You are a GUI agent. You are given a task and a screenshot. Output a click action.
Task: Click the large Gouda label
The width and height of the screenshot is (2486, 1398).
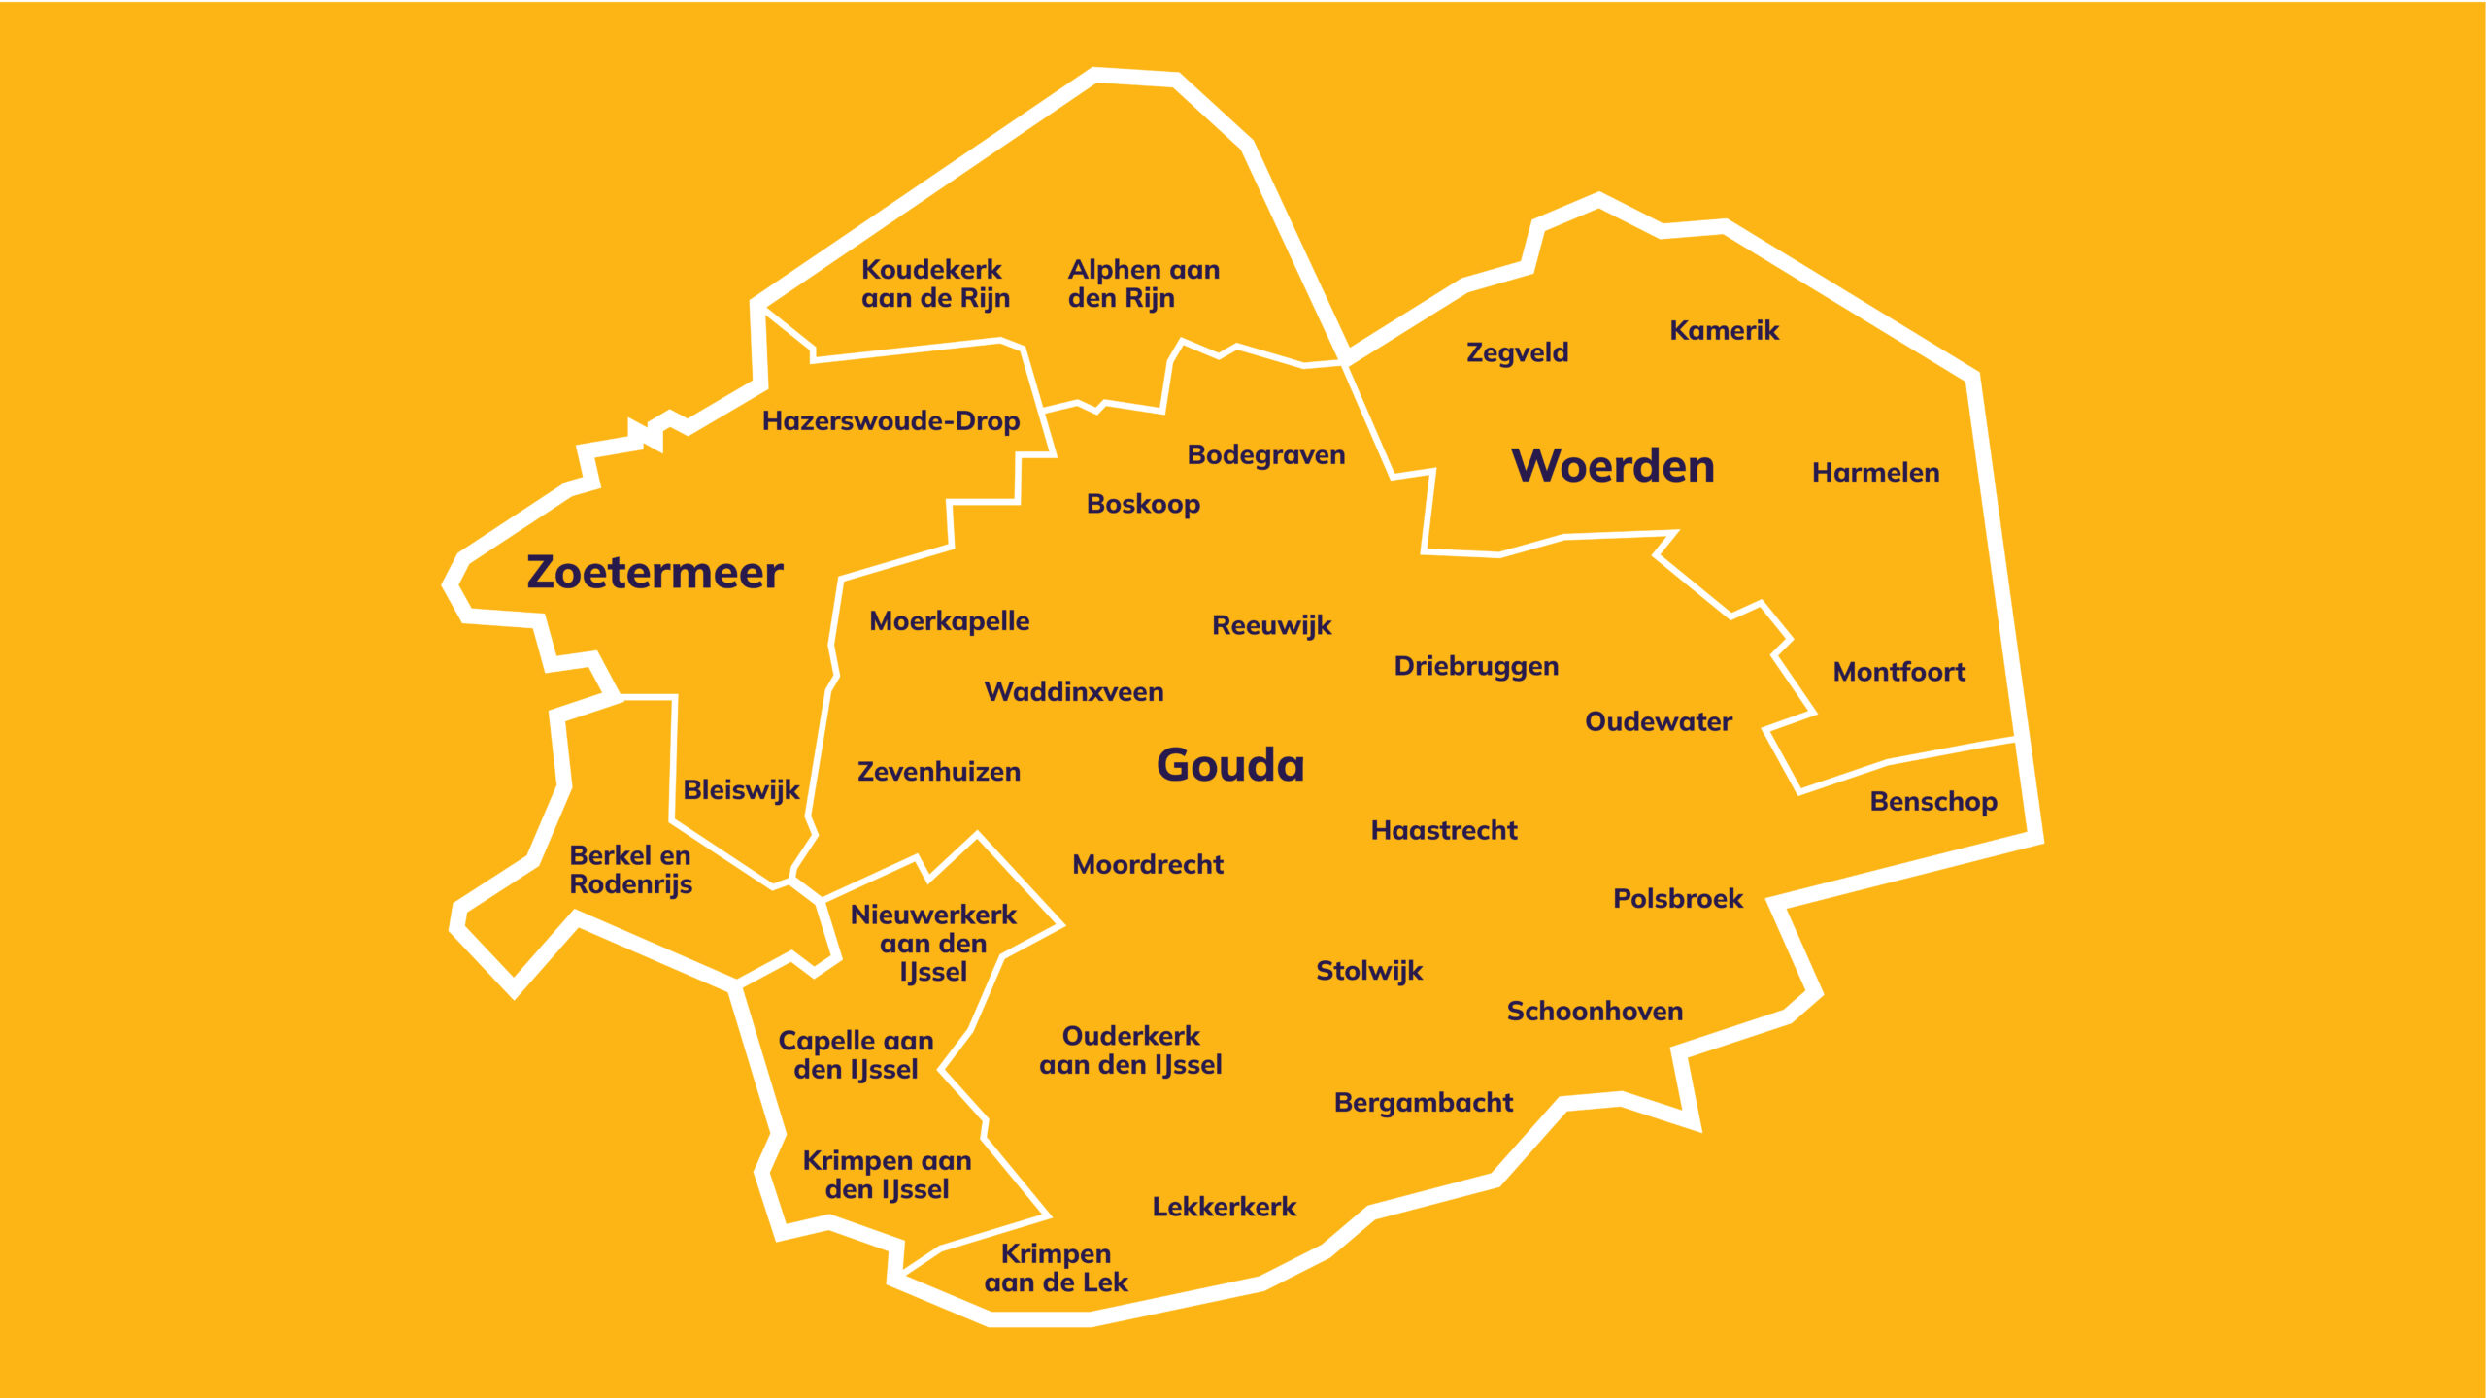tap(1230, 765)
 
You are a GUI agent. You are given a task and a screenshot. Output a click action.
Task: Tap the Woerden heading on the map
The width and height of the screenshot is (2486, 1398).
tap(1613, 466)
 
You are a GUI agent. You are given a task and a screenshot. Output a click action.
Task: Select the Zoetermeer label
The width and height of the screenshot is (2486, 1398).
tap(655, 572)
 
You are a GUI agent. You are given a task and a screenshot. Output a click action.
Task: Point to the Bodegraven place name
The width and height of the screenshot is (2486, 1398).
tap(1266, 455)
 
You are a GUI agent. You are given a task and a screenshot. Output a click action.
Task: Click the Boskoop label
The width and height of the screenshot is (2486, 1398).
tap(1143, 505)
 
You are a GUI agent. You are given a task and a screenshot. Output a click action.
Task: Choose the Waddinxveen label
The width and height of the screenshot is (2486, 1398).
tap(1074, 692)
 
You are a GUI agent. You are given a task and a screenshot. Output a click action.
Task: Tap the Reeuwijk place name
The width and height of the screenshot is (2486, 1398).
tap(1272, 626)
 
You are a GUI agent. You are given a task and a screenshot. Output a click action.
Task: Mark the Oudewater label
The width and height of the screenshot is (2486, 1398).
tap(1659, 722)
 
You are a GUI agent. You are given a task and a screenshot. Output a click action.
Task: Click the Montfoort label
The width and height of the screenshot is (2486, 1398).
tap(1898, 672)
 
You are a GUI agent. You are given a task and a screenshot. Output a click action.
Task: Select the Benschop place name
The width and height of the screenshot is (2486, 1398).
tap(1933, 803)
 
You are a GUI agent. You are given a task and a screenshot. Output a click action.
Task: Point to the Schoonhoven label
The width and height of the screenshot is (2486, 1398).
tap(1595, 1012)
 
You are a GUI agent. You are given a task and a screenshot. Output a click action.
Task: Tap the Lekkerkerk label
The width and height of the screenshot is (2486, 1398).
tap(1225, 1207)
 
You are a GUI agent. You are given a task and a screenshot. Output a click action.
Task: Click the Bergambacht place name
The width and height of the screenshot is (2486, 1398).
tap(1424, 1104)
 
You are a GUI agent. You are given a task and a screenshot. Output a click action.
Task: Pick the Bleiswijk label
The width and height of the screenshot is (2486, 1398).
tap(741, 790)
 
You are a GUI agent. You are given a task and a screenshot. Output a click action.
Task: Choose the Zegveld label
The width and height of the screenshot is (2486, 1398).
tap(1517, 352)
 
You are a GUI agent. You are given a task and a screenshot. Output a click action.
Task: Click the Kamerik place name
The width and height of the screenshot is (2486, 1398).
tap(1724, 331)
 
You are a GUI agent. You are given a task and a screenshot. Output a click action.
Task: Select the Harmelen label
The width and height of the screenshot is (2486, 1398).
tap(1875, 473)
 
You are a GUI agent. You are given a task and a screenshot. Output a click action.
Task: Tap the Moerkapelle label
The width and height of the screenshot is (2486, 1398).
tap(949, 621)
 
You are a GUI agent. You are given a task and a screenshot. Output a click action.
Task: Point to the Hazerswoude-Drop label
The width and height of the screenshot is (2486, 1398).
tap(890, 421)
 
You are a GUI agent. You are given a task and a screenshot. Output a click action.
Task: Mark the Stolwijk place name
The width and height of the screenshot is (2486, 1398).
tap(1369, 972)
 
